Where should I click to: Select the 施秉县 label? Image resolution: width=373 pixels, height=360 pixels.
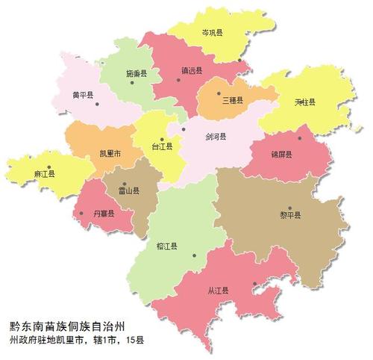coord(136,73)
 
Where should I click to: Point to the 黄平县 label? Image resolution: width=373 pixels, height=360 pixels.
coord(81,96)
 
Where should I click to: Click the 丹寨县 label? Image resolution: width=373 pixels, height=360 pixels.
coord(102,214)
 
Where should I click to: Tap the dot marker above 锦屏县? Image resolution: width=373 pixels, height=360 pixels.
coord(300,137)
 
